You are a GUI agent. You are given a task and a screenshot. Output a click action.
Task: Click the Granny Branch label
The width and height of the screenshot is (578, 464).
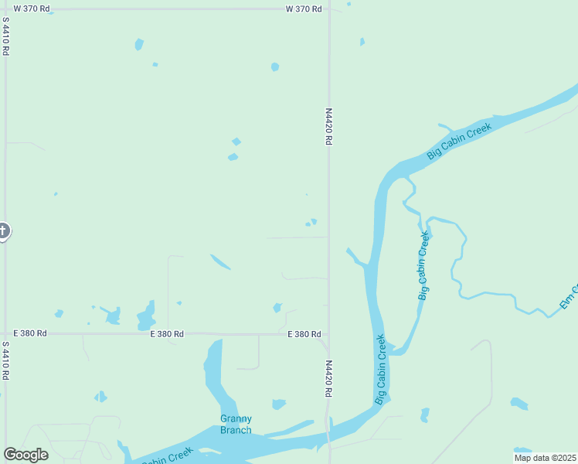point(236,425)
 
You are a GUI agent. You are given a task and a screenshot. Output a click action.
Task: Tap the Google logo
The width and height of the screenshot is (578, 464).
point(25,455)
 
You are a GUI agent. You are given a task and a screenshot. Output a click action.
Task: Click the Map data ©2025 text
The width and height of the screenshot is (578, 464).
point(546,458)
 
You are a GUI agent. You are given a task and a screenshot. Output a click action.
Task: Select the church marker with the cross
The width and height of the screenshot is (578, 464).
point(3,230)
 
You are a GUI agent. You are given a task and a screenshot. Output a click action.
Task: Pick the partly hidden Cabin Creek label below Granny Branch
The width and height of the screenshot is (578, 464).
point(166,457)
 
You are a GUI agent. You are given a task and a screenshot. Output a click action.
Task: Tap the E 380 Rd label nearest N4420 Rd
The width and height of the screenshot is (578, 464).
point(304,334)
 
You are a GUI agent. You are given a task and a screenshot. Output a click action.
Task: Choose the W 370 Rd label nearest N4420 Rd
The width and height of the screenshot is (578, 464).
point(303,9)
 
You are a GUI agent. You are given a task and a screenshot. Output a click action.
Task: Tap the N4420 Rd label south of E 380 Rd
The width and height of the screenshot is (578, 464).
point(328,379)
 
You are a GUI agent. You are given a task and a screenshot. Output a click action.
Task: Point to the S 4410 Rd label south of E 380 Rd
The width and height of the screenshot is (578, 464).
point(5,361)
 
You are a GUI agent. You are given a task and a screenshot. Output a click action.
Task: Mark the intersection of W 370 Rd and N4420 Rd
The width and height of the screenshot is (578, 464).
point(329,9)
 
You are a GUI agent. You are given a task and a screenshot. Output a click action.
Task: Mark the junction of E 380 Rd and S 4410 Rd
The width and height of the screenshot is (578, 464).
point(6,333)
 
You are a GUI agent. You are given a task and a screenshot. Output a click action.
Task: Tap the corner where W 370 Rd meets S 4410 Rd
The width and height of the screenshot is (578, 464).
point(6,9)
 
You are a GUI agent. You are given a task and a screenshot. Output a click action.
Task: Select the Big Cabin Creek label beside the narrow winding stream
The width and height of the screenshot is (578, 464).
point(423,264)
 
